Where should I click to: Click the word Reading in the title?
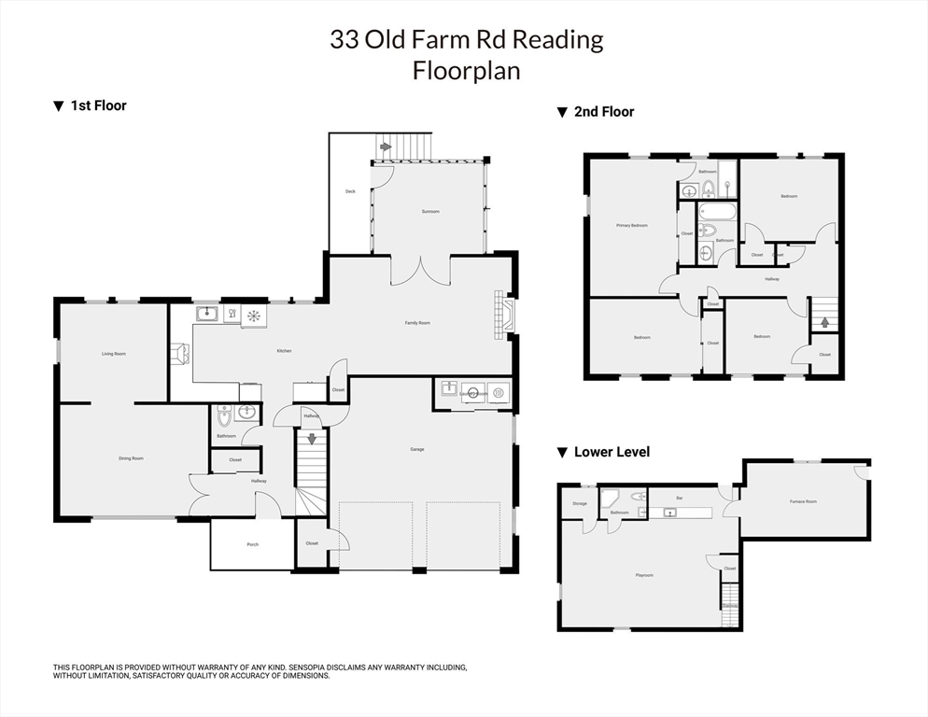point(557,39)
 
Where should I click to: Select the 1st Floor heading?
point(98,105)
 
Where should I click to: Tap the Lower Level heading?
point(612,452)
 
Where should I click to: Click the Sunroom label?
point(430,212)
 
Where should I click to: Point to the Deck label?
point(350,191)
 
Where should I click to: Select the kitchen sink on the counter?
point(207,315)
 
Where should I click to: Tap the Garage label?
point(417,449)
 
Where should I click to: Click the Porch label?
point(252,544)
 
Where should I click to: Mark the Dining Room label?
point(131,458)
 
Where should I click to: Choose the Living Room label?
point(114,354)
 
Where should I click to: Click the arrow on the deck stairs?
point(385,148)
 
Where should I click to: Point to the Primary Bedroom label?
point(631,226)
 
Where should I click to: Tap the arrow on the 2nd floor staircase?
point(824,323)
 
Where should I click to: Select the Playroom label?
point(643,575)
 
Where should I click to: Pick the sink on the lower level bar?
point(669,513)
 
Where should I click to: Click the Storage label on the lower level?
point(580,504)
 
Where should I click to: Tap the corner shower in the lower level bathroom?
point(610,497)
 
